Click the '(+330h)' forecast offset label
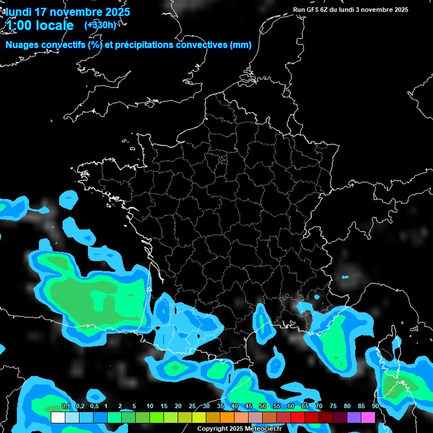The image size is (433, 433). tap(100, 25)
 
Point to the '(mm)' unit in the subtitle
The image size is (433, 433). tap(241, 45)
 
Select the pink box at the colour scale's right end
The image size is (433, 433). tap(368, 417)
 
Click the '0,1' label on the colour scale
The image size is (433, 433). tap(65, 407)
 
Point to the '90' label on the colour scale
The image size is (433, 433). tap(375, 407)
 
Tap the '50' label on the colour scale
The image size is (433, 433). tap(263, 407)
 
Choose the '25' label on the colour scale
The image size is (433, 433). tap(192, 407)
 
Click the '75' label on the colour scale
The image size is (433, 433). tap(333, 407)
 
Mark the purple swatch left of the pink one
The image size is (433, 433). tap(354, 417)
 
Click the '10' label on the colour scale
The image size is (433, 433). tap(150, 407)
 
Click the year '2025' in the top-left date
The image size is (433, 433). tap(117, 12)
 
